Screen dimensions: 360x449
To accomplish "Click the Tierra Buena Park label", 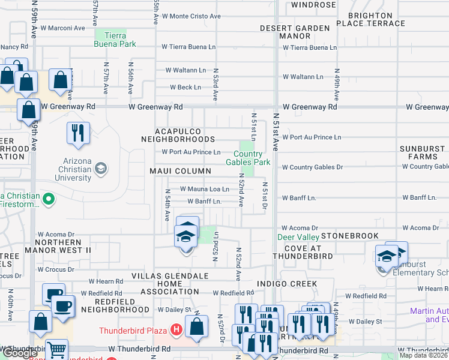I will coord(115,40).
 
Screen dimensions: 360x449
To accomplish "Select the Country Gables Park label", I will coord(248,158).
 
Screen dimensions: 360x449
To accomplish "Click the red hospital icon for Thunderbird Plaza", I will coord(176,329).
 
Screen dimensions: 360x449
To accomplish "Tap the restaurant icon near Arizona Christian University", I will coord(78,131).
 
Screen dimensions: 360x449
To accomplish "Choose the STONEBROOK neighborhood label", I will coord(350,236).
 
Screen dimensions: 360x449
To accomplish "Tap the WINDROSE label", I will coord(313,5).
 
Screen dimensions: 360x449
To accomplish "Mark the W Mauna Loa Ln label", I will coord(205,189).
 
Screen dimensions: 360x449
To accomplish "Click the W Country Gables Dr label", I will coord(312,167).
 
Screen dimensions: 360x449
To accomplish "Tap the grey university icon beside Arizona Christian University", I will coord(101,167).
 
